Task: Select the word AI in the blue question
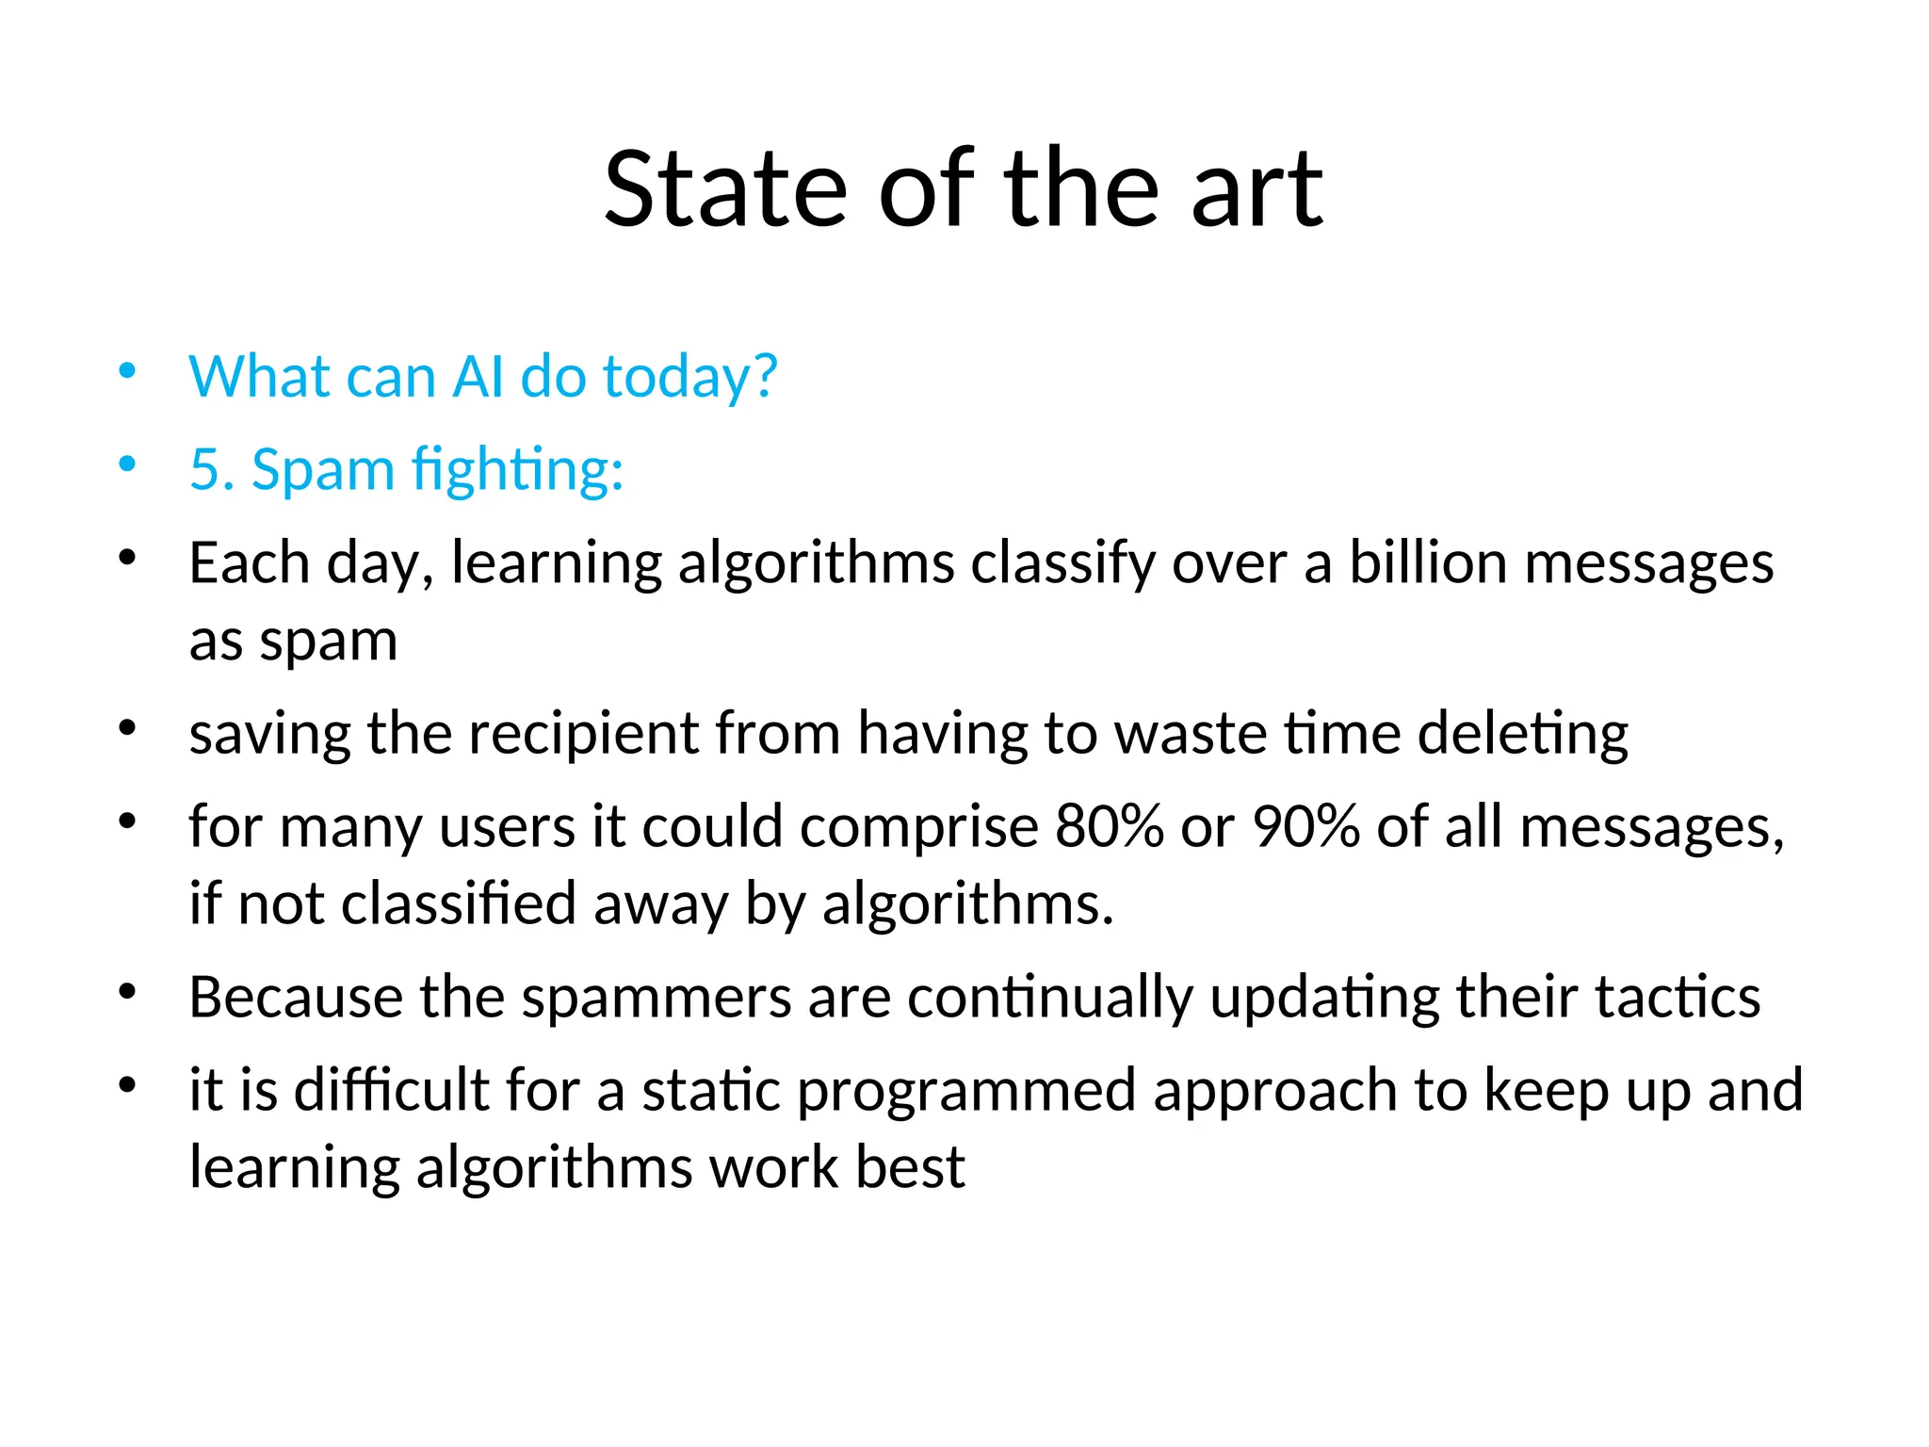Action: pyautogui.click(x=478, y=377)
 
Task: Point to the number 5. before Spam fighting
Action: pyautogui.click(x=212, y=469)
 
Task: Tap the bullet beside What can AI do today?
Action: pyautogui.click(x=127, y=371)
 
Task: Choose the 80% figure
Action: pyautogui.click(x=1110, y=827)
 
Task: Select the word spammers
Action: pyautogui.click(x=657, y=999)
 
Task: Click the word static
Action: pyautogui.click(x=711, y=1091)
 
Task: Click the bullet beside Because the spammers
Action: pyautogui.click(x=127, y=991)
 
